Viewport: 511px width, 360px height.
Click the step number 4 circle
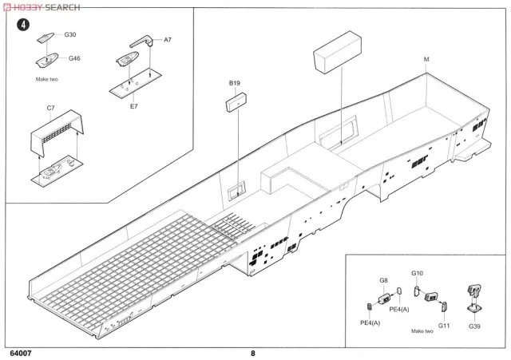point(25,24)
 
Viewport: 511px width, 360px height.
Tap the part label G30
point(70,34)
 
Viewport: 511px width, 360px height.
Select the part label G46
point(74,58)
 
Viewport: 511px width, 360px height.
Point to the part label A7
point(168,39)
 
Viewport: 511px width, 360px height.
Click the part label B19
point(234,83)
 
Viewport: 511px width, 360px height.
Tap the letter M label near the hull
point(426,60)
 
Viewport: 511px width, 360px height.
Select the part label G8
point(383,281)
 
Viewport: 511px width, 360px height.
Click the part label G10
point(417,275)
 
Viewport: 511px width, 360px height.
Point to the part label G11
point(445,326)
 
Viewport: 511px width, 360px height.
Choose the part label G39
point(474,326)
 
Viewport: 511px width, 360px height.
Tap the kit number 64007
point(22,353)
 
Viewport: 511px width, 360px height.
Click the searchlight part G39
point(473,296)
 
